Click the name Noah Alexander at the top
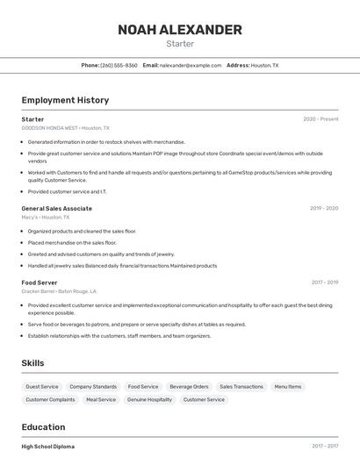coord(179,30)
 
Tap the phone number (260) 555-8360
coord(119,65)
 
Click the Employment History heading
coord(65,101)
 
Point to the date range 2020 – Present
coord(320,119)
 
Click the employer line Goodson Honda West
coord(66,128)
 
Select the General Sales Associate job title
coord(56,209)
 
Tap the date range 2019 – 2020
coord(324,209)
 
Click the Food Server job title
coord(40,283)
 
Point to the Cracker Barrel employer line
coord(59,291)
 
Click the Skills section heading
coord(32,363)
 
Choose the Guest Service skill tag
coord(42,387)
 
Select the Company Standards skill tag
coord(93,387)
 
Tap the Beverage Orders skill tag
coord(189,387)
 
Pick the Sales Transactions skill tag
coord(241,387)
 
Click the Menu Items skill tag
coord(288,387)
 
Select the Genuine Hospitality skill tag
coord(149,400)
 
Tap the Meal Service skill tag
coord(101,400)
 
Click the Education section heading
coord(43,427)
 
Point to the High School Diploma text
coord(48,447)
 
